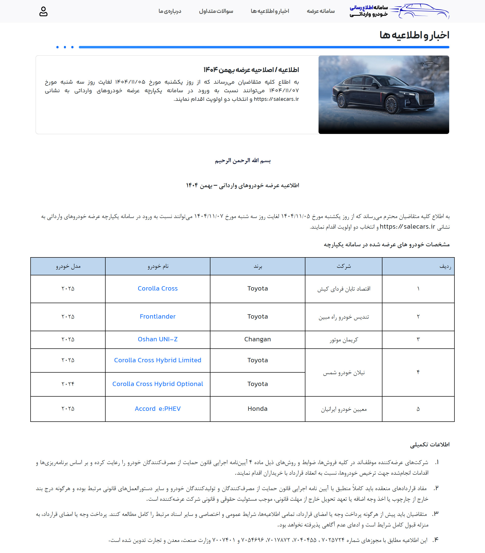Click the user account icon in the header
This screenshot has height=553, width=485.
(43, 12)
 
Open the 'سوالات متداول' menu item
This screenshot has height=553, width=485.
(216, 11)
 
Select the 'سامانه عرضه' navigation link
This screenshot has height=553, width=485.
(321, 11)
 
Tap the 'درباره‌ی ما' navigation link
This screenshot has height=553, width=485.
(170, 11)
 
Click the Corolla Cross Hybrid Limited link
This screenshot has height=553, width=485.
(157, 360)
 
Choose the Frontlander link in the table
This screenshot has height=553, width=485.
(157, 316)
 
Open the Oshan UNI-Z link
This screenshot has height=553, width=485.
(157, 339)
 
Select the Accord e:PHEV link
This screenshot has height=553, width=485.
(157, 408)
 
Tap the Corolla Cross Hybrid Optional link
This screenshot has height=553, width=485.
(157, 384)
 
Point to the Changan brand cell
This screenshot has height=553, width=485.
(257, 339)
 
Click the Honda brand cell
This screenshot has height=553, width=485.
(257, 408)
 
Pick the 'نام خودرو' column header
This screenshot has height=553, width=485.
(158, 266)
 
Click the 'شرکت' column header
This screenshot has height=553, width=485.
(344, 266)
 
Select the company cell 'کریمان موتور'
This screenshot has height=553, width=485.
(344, 340)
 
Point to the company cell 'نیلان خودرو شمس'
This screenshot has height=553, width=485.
(344, 373)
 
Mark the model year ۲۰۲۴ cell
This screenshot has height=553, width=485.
(68, 384)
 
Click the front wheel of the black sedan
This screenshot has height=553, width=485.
(391, 105)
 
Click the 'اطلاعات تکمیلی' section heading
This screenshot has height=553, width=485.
(429, 445)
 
